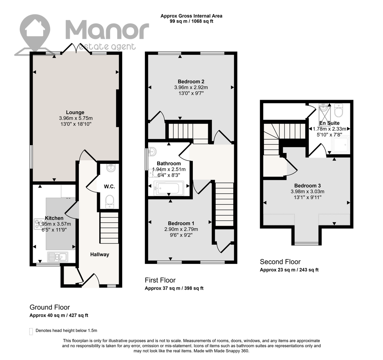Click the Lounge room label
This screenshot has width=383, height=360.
coord(75,112)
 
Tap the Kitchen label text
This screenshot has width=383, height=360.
coord(54,218)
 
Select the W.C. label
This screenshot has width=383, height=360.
coord(109,186)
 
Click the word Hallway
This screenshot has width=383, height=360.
coord(100,255)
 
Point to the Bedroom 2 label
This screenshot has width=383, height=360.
coord(191,82)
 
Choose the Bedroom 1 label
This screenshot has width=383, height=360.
coord(181,224)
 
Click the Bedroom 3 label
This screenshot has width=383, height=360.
coord(307,186)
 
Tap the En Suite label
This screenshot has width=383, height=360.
coord(329,123)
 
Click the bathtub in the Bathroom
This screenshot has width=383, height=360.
coord(169,188)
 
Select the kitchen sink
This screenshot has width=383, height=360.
coord(58,257)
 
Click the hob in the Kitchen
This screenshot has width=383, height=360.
coord(38,224)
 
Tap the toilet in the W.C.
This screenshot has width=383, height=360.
coord(110,202)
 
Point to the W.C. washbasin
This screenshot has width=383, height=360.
coord(111,168)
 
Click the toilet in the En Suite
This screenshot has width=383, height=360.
coord(339,111)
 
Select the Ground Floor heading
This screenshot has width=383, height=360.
coord(50,307)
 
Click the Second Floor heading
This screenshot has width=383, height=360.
coord(280,262)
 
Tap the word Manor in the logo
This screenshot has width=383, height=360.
coord(107,31)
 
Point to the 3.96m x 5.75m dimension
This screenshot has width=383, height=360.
coord(76,118)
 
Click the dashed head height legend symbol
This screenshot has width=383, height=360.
coord(31,332)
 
